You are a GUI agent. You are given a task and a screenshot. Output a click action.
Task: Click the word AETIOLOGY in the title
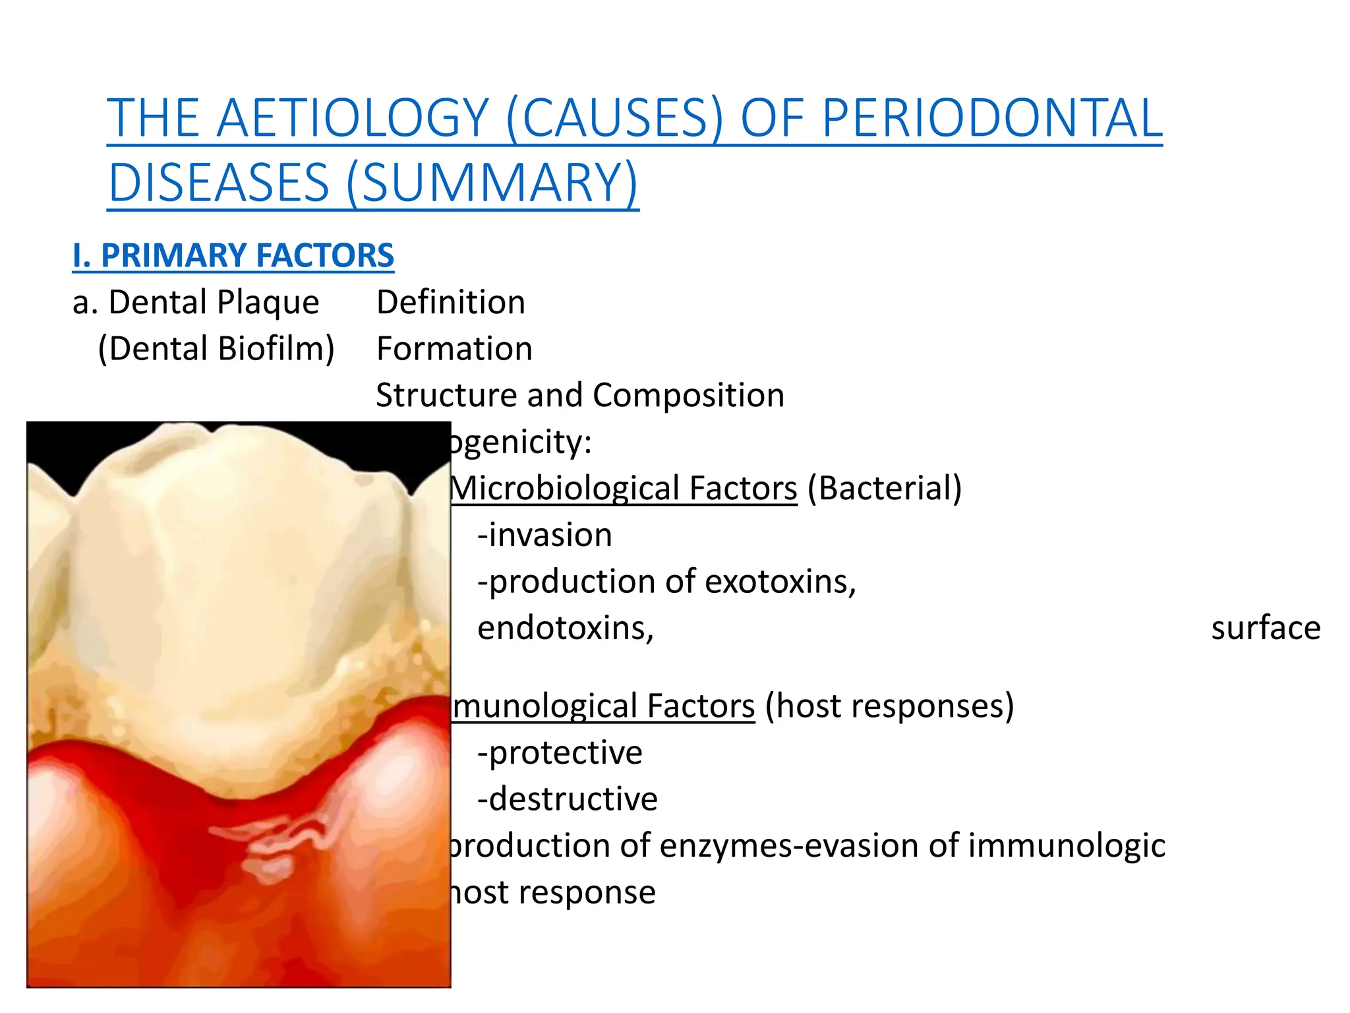352,119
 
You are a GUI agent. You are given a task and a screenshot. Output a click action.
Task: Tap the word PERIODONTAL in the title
992,119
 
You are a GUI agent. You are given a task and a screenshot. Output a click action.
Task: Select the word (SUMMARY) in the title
492,183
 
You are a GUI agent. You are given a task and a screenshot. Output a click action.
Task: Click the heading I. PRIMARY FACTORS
233,256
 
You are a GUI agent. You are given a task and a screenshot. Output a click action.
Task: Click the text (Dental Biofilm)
216,349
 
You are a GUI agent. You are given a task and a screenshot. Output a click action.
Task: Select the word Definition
451,303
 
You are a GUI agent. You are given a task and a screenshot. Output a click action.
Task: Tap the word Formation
454,349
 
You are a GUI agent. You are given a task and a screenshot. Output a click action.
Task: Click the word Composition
688,396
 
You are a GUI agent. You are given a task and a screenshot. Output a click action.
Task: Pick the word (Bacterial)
885,489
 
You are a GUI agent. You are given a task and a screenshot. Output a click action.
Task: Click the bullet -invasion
544,535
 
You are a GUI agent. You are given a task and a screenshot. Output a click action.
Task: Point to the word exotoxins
780,582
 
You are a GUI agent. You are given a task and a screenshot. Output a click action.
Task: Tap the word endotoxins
565,628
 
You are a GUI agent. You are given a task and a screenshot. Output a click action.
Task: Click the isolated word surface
1266,628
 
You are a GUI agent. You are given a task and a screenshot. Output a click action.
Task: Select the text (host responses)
889,706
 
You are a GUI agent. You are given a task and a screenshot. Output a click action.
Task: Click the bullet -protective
560,752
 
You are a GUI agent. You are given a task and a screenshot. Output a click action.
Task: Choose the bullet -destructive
567,799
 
